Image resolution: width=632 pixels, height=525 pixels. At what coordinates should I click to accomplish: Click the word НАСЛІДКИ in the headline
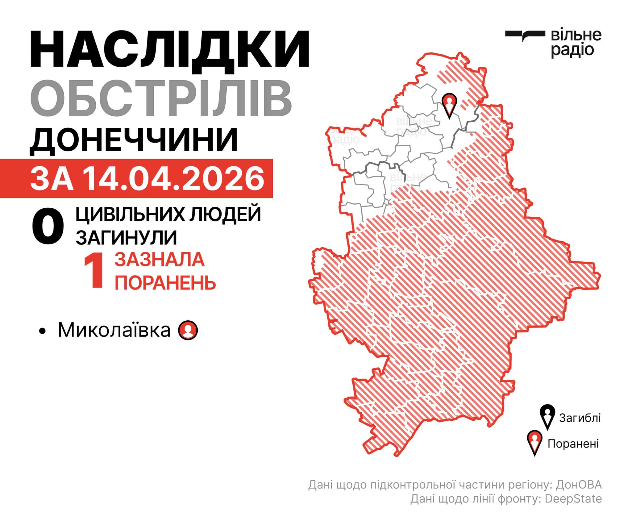[x=169, y=49]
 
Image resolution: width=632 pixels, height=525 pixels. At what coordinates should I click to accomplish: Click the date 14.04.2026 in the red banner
[x=174, y=179]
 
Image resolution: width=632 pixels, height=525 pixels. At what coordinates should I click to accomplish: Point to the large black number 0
[x=48, y=227]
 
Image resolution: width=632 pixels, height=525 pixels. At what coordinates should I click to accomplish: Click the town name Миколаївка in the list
[x=114, y=330]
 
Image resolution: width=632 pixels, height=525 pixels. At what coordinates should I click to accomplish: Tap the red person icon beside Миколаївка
[x=188, y=330]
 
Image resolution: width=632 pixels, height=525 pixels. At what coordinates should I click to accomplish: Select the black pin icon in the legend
[x=547, y=417]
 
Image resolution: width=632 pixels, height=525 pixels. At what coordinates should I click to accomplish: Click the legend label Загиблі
[x=580, y=418]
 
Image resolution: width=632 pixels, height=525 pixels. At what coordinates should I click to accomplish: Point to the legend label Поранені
[x=573, y=444]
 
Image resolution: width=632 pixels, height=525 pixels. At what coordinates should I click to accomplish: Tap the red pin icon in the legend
[x=534, y=442]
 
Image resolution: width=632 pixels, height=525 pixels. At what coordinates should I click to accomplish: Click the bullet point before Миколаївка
[x=43, y=331]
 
